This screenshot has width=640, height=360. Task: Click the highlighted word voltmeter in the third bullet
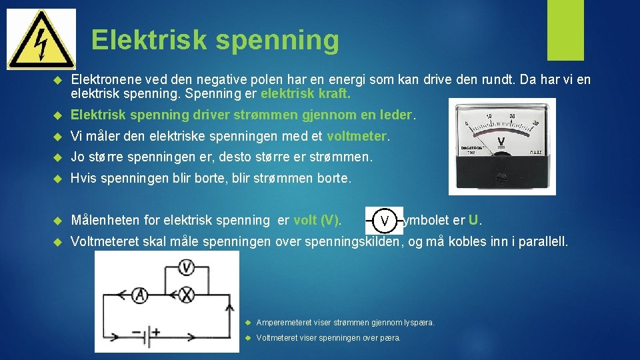coord(357,136)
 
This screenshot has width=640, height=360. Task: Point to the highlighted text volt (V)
coord(317,220)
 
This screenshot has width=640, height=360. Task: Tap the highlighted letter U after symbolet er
coord(473,220)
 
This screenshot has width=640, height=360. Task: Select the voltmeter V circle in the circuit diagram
coord(187,268)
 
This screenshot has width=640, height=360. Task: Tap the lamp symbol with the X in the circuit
coord(187,295)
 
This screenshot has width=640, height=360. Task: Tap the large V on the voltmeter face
coord(501,141)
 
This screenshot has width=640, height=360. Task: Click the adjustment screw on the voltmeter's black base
coord(501,178)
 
